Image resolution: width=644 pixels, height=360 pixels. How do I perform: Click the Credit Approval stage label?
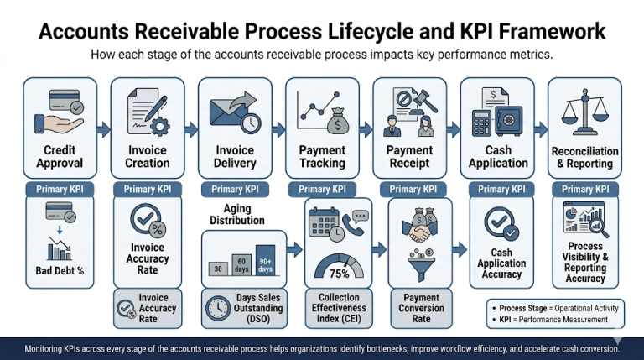pos(60,157)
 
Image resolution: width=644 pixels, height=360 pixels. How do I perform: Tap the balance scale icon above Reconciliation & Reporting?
pos(584,112)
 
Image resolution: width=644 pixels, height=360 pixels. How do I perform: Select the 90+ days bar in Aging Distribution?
pos(265,260)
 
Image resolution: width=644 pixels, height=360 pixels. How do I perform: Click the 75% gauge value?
pos(340,274)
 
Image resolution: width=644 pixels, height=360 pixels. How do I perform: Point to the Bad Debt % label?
pos(60,271)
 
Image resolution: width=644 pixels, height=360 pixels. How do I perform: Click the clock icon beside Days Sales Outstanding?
pos(218,308)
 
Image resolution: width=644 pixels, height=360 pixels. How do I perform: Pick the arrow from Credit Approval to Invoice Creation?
pos(103,129)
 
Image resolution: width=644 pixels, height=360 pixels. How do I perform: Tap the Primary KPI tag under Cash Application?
pos(501,190)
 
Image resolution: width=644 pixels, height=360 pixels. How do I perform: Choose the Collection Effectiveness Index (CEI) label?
pos(339,308)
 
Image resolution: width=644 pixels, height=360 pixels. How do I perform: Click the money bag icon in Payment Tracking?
pos(338,121)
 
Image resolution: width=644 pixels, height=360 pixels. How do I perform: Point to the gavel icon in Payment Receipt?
pos(425,101)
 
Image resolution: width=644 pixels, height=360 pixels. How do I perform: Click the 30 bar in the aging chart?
pos(218,269)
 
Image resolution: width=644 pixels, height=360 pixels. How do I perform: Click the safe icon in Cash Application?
pos(508,120)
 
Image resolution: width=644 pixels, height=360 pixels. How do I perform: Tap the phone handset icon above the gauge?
pos(352,224)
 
